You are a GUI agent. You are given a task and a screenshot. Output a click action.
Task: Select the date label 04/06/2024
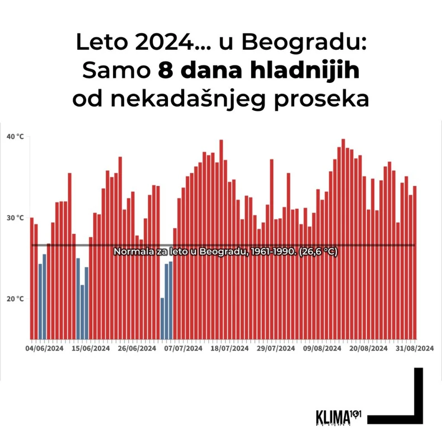pyautogui.click(x=44, y=348)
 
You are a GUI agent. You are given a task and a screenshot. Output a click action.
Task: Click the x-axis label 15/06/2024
pyautogui.click(x=91, y=348)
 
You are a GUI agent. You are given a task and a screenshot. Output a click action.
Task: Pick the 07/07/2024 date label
pyautogui.click(x=184, y=348)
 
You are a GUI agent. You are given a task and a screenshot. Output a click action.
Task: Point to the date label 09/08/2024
pyautogui.click(x=322, y=348)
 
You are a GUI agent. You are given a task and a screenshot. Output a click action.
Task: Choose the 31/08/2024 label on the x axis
pyautogui.click(x=415, y=348)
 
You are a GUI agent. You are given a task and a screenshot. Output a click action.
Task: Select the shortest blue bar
pyautogui.click(x=162, y=318)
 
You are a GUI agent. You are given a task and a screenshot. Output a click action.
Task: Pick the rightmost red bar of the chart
pyautogui.click(x=415, y=262)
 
